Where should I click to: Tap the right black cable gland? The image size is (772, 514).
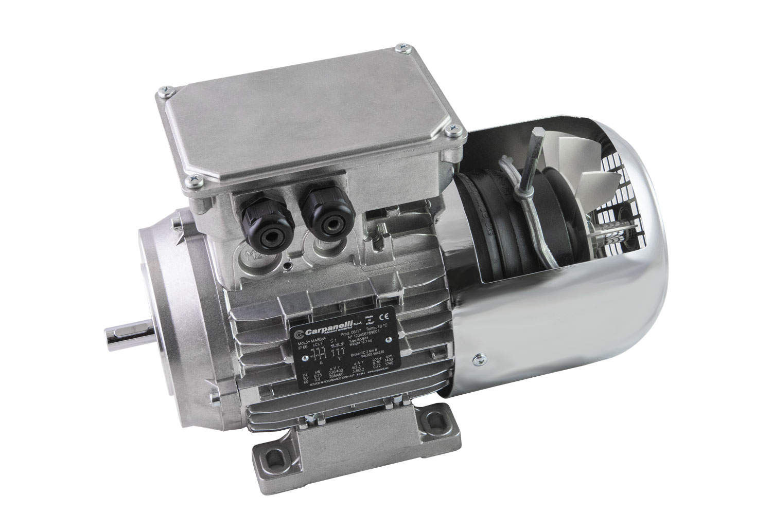(318, 214)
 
